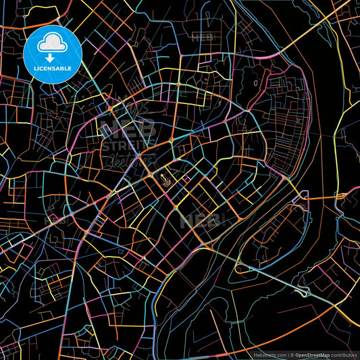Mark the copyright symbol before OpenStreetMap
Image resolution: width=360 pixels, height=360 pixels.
coord(292,354)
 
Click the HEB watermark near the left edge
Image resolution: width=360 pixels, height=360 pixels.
coord(55,220)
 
